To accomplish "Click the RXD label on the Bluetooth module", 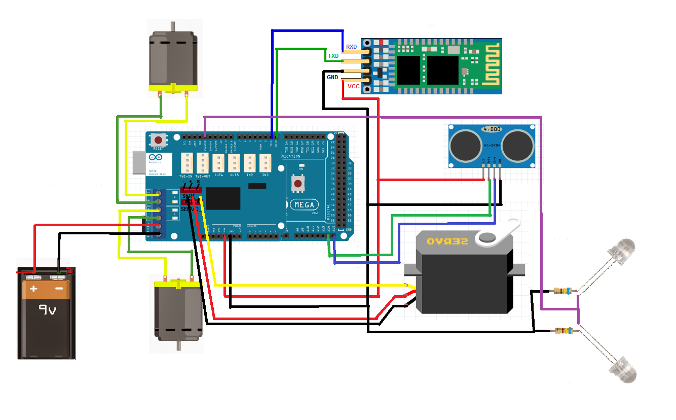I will click(x=351, y=47).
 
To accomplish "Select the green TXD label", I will click(x=333, y=56).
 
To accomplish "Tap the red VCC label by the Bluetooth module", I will click(x=353, y=87).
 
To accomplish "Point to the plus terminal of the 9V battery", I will click(x=33, y=289).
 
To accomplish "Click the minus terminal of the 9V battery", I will click(x=59, y=289).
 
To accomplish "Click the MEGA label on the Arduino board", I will click(x=304, y=205).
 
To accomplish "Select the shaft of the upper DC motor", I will click(x=173, y=26).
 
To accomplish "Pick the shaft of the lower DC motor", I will click(x=178, y=346).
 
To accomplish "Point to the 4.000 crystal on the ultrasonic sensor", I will click(x=493, y=129).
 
